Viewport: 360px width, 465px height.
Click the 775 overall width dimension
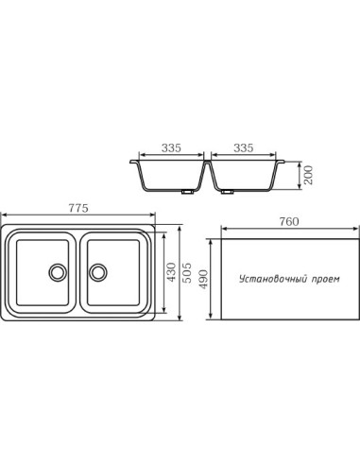click(78, 208)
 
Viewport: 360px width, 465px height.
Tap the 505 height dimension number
click(187, 272)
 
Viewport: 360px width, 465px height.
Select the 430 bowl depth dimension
click(172, 272)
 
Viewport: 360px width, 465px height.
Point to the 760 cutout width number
click(289, 222)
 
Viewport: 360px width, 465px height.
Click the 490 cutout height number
click(204, 280)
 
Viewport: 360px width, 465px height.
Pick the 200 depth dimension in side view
click(309, 175)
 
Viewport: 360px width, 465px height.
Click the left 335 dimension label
click(171, 147)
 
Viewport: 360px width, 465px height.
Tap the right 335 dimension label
click(244, 147)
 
